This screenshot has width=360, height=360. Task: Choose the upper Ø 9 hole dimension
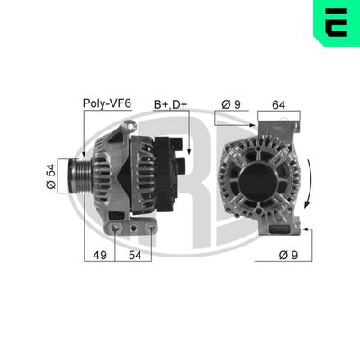(231, 103)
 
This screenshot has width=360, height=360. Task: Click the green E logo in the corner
(334, 24)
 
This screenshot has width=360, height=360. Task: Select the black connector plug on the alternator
(176, 157)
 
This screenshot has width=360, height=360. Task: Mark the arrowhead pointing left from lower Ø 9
(307, 229)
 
